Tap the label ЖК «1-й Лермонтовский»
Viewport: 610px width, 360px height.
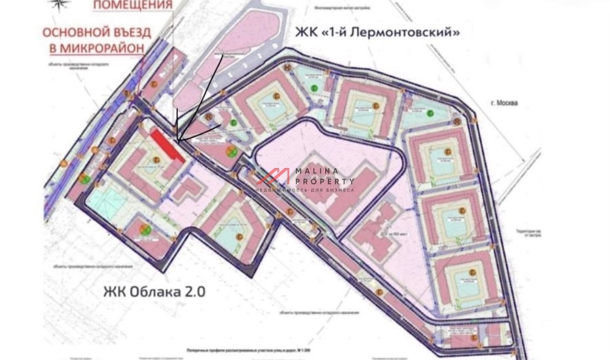(377, 33)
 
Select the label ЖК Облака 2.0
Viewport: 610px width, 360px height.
(154, 291)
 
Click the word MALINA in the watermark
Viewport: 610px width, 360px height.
(317, 171)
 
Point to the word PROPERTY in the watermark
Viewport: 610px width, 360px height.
(325, 181)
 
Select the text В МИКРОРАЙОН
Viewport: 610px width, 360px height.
(97, 47)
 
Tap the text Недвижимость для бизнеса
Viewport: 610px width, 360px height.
(305, 190)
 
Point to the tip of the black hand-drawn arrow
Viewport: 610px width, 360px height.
(178, 141)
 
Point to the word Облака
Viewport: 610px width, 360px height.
(151, 291)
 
